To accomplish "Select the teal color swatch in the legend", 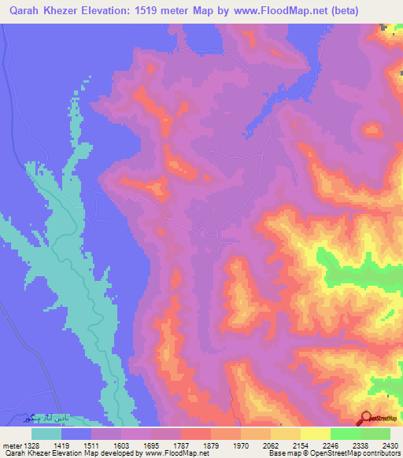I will tap(46, 434).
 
